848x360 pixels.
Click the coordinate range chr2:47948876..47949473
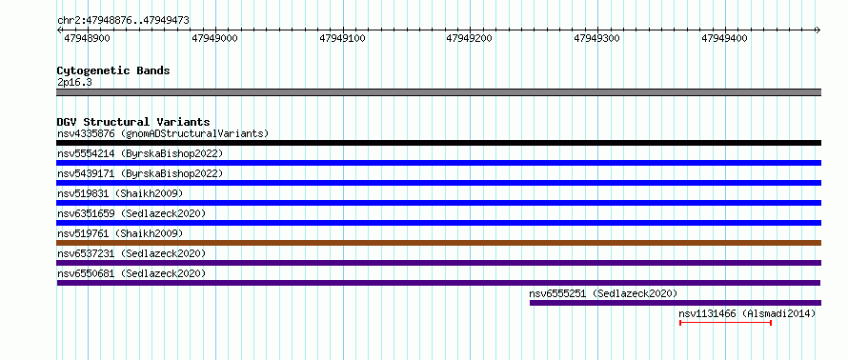(123, 21)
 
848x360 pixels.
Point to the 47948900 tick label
(87, 38)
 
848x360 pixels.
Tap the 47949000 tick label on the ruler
(214, 38)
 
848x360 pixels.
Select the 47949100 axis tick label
(342, 38)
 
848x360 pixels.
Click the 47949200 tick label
(470, 38)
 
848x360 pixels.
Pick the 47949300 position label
(597, 38)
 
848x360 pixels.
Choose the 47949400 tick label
(724, 38)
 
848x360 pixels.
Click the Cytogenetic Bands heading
(113, 70)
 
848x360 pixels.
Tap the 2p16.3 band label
(73, 82)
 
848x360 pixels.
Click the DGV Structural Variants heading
(133, 122)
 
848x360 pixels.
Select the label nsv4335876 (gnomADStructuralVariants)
(163, 133)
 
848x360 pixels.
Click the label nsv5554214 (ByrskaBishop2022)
(140, 153)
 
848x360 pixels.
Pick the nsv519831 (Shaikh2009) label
(120, 193)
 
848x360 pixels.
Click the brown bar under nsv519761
(438, 243)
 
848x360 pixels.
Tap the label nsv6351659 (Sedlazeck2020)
(131, 213)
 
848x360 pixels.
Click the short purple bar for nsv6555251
(676, 303)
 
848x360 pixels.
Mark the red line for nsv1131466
(725, 323)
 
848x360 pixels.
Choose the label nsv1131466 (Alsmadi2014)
(747, 313)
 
